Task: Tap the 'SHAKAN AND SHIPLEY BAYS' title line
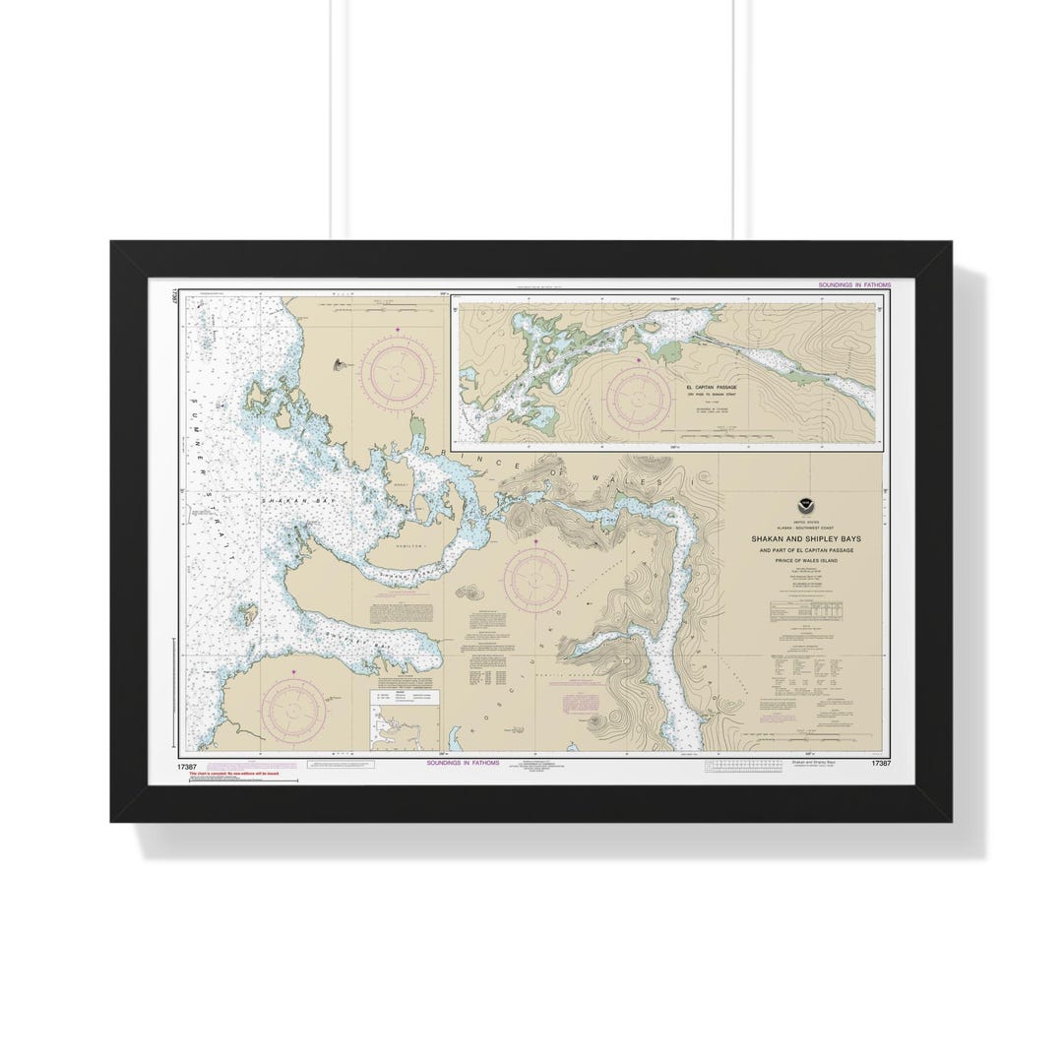click(x=805, y=538)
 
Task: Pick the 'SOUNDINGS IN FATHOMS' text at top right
click(x=853, y=284)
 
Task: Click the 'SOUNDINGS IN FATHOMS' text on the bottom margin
click(x=463, y=763)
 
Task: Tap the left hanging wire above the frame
click(x=332, y=118)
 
